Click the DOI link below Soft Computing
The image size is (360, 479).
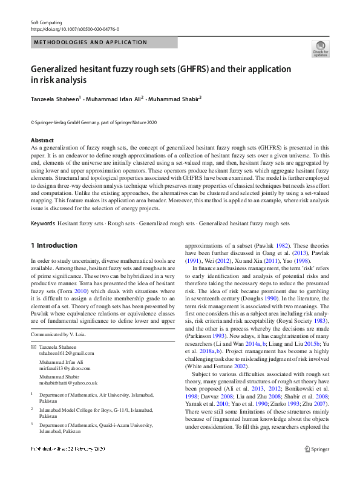[x=75, y=29]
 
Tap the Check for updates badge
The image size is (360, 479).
[x=320, y=48]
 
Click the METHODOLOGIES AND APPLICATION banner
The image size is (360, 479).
[x=91, y=42]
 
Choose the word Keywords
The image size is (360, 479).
[x=42, y=223]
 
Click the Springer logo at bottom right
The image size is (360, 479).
[x=317, y=449]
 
